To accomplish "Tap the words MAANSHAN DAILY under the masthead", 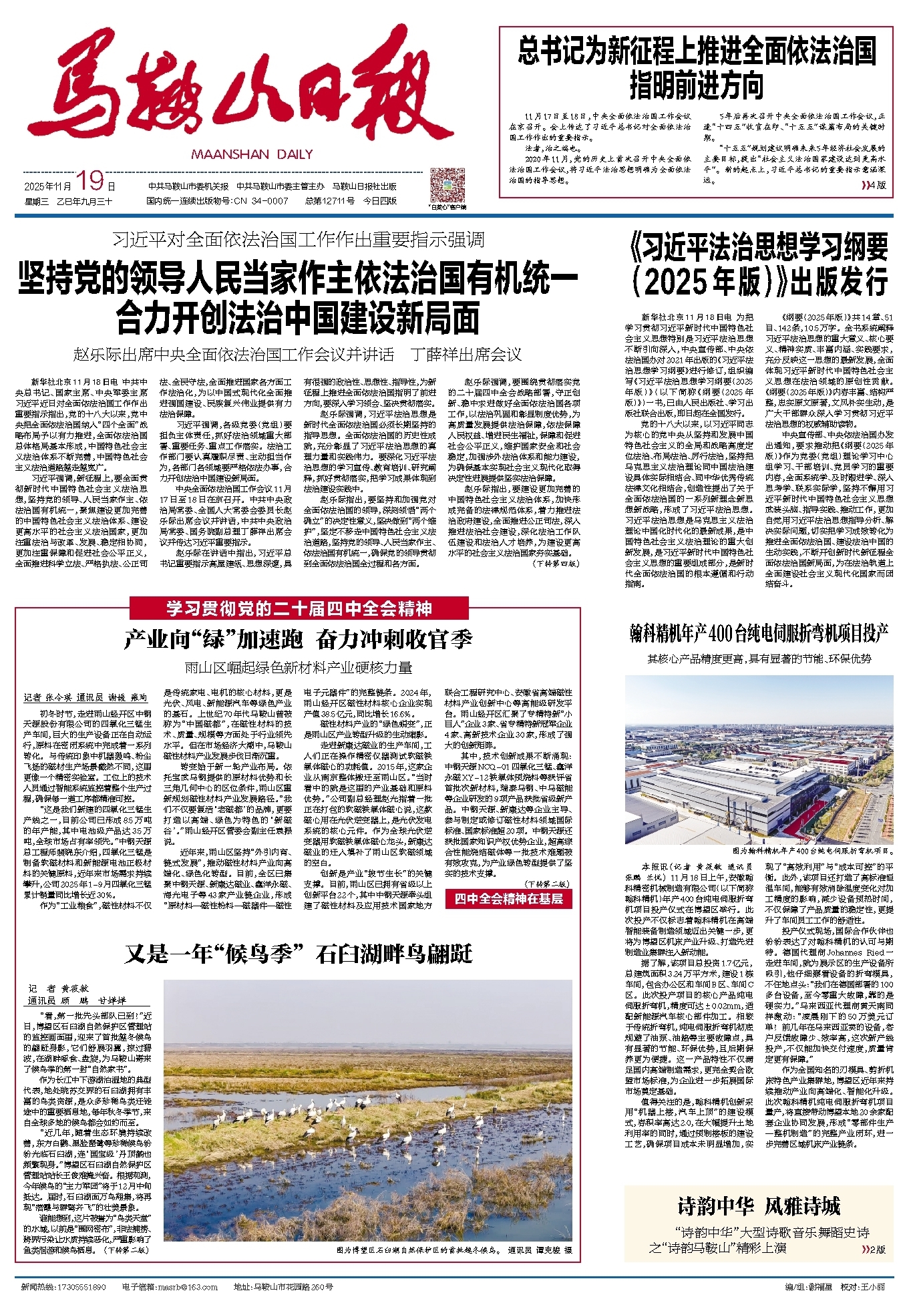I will (x=252, y=154).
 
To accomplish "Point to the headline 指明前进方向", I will (x=696, y=86).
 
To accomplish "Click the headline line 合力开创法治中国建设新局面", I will (x=298, y=318).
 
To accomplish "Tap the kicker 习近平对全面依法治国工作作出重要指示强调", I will (x=298, y=240).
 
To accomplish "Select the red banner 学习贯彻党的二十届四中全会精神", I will (x=299, y=608).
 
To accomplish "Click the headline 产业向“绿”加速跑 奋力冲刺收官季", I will (x=298, y=640).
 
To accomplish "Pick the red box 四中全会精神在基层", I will (x=509, y=898).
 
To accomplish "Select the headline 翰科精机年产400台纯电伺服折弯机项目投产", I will (x=759, y=633).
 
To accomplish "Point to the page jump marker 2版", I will (x=874, y=1249).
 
